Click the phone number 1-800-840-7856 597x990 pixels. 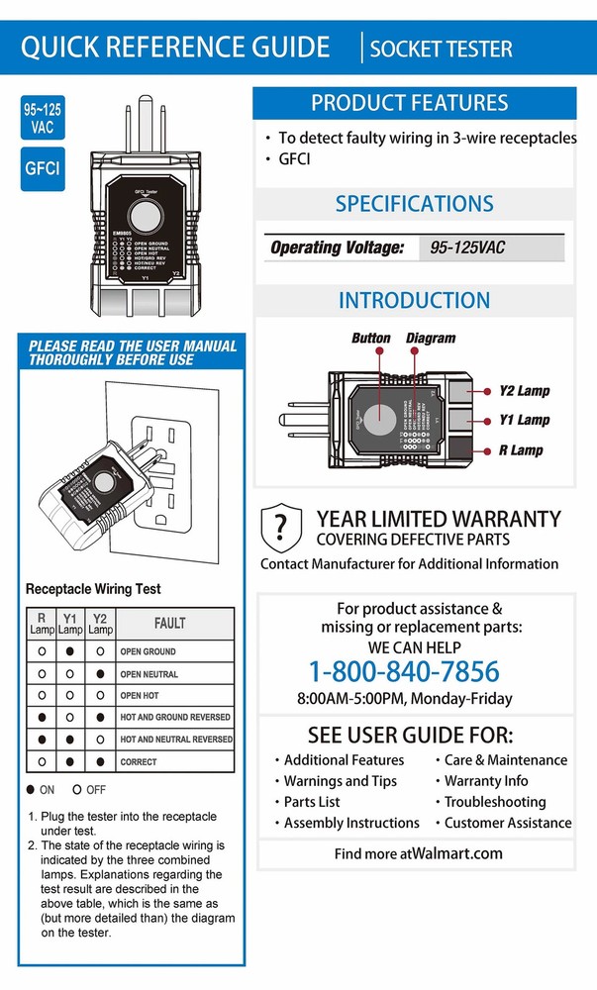click(404, 672)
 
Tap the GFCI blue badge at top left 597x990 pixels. click(42, 168)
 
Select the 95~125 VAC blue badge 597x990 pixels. click(42, 116)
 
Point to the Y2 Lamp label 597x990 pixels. click(524, 391)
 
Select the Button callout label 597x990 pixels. click(371, 339)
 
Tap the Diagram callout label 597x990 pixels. click(431, 339)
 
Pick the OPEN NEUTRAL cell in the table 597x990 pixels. click(149, 673)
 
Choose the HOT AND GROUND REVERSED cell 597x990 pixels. click(175, 717)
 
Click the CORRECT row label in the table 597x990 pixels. click(139, 762)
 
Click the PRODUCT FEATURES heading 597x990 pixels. click(409, 103)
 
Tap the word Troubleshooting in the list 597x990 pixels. click(494, 802)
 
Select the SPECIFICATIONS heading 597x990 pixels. click(414, 204)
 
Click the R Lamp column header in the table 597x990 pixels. click(41, 624)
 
